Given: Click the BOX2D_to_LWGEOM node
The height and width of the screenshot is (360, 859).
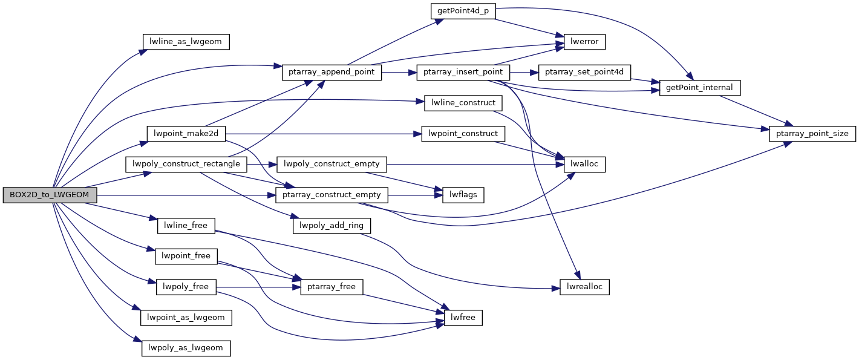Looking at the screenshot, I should tap(50, 195).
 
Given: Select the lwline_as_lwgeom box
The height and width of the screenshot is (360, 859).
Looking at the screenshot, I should tap(186, 42).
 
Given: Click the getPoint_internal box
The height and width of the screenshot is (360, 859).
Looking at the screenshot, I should tap(700, 88).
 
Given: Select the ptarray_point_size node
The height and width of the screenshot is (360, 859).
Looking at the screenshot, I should tap(812, 134).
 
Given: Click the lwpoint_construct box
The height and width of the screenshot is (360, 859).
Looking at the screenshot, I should tap(463, 134).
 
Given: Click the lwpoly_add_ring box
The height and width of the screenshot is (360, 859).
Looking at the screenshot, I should tap(332, 226).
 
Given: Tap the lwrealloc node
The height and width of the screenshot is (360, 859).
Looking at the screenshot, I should tap(584, 287).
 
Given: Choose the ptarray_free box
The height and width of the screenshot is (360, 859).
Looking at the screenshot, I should tap(332, 287).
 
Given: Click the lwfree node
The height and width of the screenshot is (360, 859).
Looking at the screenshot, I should tap(463, 317).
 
